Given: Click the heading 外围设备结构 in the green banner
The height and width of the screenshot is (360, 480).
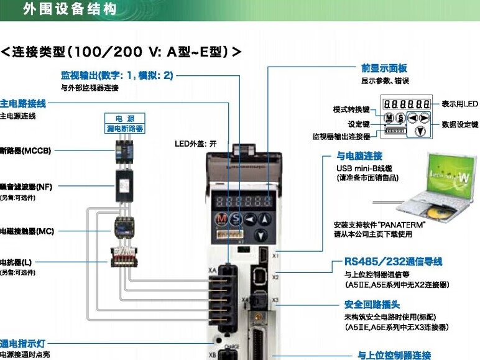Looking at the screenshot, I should coord(69,10).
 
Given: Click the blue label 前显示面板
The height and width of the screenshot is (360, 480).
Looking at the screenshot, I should coord(384,68).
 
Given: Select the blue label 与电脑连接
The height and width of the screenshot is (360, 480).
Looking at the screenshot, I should coord(359,155).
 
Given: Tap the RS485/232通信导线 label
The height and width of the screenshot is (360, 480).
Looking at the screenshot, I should coord(394,262).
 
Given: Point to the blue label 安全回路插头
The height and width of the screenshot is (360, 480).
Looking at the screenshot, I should coord(372,305).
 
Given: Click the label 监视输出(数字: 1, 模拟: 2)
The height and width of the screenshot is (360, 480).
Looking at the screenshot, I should coord(116,75).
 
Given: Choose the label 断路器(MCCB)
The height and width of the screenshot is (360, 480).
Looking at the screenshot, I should coord(25,150).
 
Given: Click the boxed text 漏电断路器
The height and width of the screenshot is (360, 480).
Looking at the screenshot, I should coord(124,128).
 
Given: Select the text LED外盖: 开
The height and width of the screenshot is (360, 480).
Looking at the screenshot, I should coord(195,144).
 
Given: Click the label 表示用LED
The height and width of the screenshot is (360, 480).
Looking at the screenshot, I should coord(459,104).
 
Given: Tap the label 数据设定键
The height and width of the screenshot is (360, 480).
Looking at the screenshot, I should coord(459,124).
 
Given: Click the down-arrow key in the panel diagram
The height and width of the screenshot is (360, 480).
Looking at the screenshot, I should coord(420,131).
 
